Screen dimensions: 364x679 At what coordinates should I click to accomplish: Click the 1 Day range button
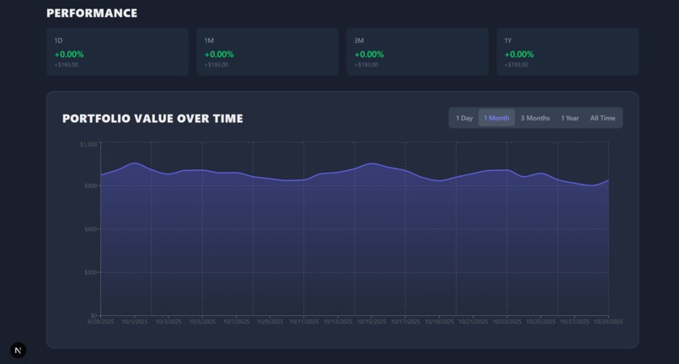click(x=464, y=118)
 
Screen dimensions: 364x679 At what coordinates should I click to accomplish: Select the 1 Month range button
click(x=496, y=118)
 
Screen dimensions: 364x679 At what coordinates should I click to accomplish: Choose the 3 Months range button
click(x=535, y=118)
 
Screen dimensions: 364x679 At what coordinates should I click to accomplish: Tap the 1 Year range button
click(x=569, y=118)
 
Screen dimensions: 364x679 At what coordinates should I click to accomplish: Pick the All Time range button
click(x=602, y=118)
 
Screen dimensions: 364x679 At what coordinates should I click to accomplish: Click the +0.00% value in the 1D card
click(x=69, y=54)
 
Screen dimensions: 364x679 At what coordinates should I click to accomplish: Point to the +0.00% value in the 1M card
click(x=219, y=54)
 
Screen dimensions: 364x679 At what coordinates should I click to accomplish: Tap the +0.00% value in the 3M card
click(x=369, y=54)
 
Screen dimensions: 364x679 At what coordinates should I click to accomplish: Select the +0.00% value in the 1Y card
click(x=519, y=54)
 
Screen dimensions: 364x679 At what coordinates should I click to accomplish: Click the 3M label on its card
click(x=359, y=40)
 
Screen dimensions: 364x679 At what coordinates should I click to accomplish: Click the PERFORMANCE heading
click(x=92, y=13)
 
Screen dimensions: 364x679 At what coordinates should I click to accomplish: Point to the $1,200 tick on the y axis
click(x=88, y=144)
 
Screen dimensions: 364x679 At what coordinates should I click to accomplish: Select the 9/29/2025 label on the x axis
click(x=100, y=321)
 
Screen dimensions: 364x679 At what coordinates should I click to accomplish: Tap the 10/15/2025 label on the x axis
click(x=371, y=321)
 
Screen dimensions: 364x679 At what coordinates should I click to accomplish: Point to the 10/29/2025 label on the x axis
click(x=607, y=321)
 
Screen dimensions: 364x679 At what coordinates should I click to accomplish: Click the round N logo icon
click(x=19, y=350)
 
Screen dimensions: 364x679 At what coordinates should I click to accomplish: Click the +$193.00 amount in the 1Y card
click(x=516, y=65)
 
